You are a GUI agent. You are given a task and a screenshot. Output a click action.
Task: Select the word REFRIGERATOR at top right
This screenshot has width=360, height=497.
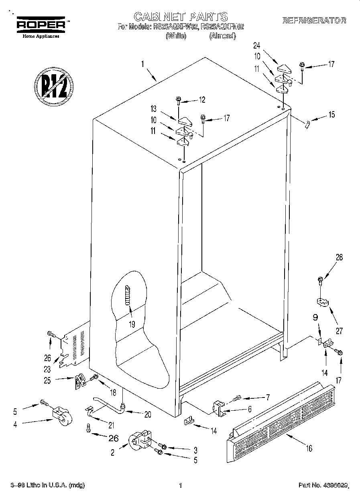pyautogui.click(x=314, y=20)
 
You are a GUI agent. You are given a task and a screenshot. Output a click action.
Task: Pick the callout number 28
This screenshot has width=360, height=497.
pyautogui.click(x=339, y=258)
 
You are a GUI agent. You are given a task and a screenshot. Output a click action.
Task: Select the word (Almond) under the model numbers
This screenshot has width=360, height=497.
pyautogui.click(x=222, y=36)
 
